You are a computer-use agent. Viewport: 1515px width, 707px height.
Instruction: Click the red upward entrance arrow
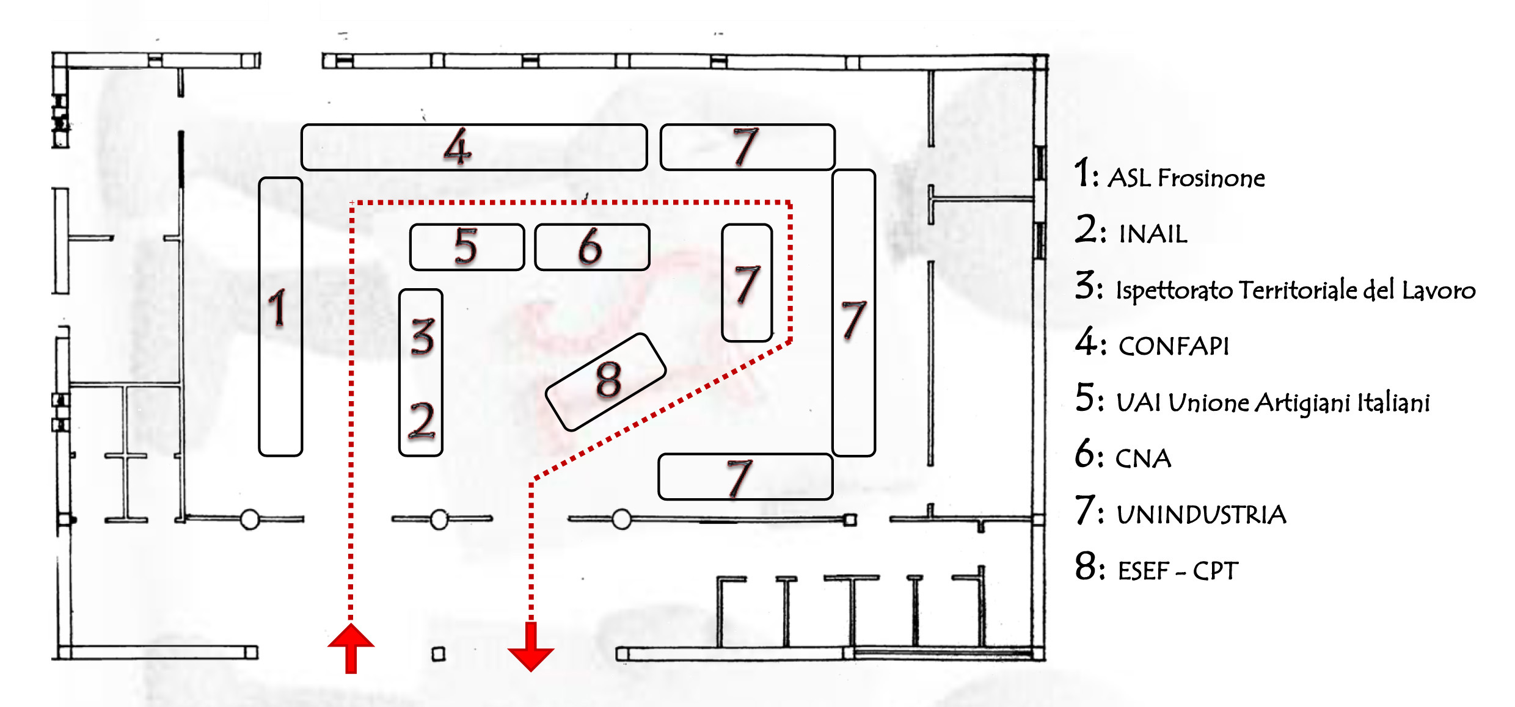[x=351, y=647]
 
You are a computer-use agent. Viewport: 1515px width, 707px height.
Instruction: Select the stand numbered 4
[x=473, y=147]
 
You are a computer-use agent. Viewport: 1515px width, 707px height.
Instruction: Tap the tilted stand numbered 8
[x=605, y=382]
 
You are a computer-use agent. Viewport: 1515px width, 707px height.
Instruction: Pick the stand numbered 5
[x=467, y=247]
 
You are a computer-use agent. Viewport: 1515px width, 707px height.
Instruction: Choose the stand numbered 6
[x=591, y=247]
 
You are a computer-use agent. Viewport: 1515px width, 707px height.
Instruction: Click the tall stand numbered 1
[x=280, y=316]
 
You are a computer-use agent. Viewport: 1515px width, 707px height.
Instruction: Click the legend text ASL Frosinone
[x=1186, y=178]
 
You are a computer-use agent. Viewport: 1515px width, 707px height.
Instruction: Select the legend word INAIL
[x=1153, y=234]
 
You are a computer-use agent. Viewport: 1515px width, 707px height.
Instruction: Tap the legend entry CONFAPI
[x=1173, y=346]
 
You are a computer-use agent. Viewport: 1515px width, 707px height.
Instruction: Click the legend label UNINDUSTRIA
[x=1201, y=515]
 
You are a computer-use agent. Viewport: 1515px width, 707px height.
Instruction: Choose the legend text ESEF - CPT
[x=1177, y=571]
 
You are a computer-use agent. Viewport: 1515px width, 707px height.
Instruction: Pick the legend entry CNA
[x=1143, y=459]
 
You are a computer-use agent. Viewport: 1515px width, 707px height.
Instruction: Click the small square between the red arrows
[x=439, y=654]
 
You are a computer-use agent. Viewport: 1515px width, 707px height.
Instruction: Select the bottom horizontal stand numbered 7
[x=745, y=477]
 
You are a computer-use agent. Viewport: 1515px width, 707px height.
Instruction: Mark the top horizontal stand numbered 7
[x=747, y=147]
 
